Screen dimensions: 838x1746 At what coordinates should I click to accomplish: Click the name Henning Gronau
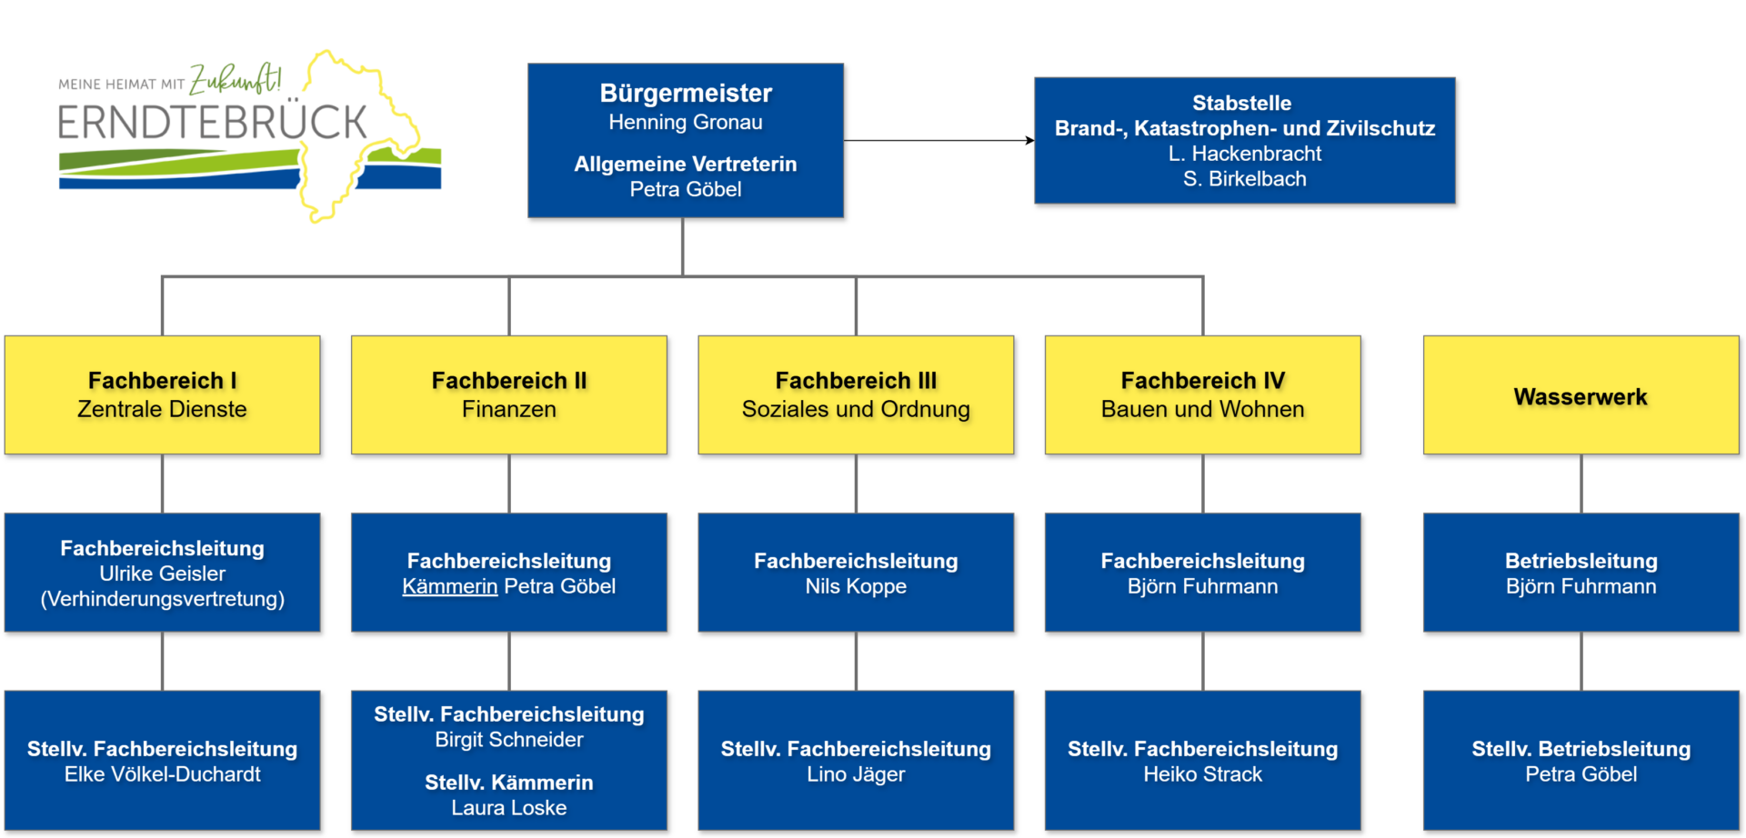tap(685, 123)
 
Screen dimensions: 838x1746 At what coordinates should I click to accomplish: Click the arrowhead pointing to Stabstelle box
tap(1029, 140)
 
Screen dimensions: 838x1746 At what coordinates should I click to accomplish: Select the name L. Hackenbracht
tap(1244, 154)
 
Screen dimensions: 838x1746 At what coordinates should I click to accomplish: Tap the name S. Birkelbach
tap(1244, 179)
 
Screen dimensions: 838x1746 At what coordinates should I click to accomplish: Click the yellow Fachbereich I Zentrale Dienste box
tap(162, 394)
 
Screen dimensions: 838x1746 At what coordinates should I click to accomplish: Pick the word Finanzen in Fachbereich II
tap(508, 410)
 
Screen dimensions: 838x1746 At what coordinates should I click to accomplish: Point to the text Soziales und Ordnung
tap(855, 410)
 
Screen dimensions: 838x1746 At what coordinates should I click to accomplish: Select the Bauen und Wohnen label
tap(1202, 410)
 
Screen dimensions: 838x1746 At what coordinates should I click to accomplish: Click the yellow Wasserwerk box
tap(1580, 396)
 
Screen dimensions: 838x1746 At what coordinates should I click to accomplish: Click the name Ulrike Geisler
tap(162, 574)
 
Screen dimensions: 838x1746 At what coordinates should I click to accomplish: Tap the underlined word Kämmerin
tap(449, 587)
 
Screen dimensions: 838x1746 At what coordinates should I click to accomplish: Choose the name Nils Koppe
tap(855, 587)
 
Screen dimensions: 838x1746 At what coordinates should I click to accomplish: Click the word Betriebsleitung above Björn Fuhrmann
tap(1580, 561)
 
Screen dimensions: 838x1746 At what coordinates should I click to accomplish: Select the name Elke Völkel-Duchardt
tap(162, 774)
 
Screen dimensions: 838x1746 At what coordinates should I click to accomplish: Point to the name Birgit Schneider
tap(508, 740)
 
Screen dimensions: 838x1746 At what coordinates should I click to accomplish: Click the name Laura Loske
tap(508, 808)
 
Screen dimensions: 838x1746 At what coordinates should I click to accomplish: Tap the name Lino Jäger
tap(855, 774)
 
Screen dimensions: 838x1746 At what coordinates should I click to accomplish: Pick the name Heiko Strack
tap(1202, 774)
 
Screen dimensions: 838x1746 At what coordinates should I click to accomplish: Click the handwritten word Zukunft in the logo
tap(234, 80)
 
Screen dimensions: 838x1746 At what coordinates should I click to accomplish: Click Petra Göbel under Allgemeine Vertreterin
tap(685, 190)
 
